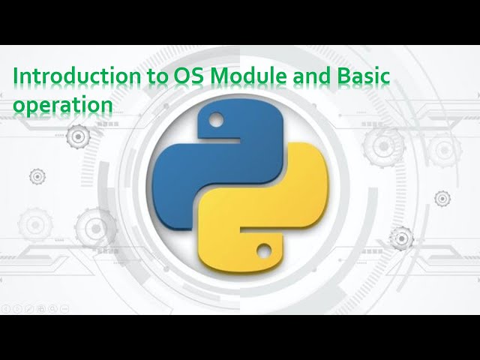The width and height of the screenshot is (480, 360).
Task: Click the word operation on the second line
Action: pyautogui.click(x=62, y=106)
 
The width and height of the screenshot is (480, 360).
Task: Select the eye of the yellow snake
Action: pyautogui.click(x=264, y=248)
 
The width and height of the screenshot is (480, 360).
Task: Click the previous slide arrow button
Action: pyautogui.click(x=6, y=308)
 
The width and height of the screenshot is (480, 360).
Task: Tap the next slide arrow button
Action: pyautogui.click(x=17, y=308)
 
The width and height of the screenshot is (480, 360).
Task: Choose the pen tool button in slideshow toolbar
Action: pyautogui.click(x=29, y=308)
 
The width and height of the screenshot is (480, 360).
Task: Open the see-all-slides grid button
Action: pyautogui.click(x=41, y=308)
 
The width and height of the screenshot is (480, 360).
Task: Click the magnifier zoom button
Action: pyautogui.click(x=52, y=308)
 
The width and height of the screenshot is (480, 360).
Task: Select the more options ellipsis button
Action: pyautogui.click(x=64, y=308)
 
